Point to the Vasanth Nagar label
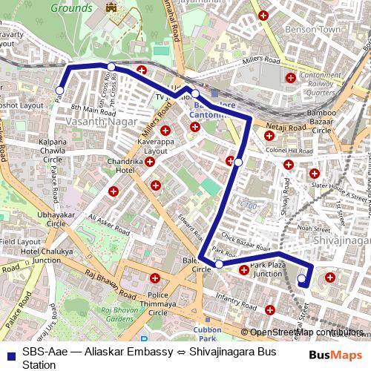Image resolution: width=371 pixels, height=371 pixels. tap(91, 119)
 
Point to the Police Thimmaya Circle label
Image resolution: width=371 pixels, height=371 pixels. tap(157, 301)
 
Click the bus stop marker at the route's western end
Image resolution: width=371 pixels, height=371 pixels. tap(59, 91)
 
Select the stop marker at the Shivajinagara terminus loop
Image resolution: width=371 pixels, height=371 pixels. tap(301, 279)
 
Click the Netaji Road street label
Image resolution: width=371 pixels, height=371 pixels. tap(286, 128)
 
